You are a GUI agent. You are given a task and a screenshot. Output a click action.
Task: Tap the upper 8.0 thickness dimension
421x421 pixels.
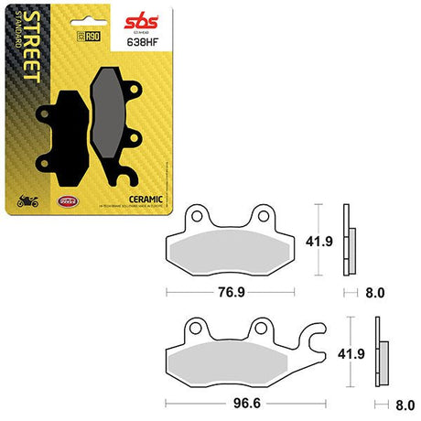(375, 294)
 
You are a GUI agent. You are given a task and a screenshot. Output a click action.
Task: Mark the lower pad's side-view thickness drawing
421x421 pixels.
(380, 352)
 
